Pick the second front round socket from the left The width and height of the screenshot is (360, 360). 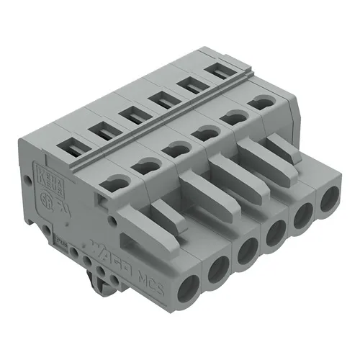point(217,270)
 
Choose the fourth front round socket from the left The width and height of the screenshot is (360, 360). point(275,232)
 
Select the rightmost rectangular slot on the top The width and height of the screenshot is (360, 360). point(215,72)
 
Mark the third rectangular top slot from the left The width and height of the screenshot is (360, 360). point(131,114)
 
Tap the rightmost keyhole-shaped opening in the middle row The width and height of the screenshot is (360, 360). point(261,103)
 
